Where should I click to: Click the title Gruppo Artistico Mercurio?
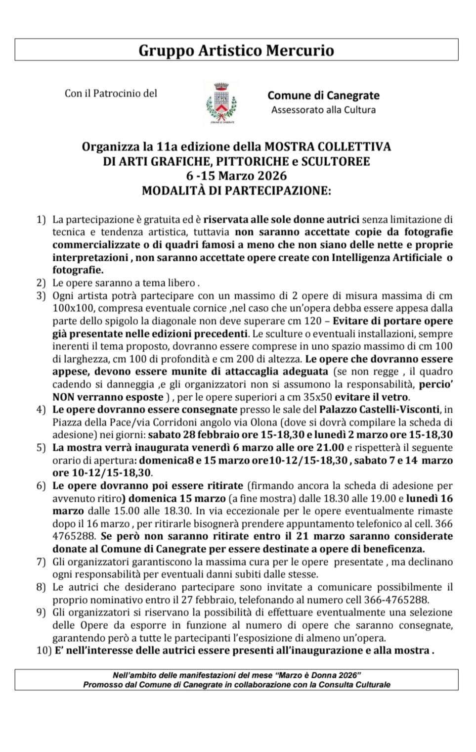tap(236, 50)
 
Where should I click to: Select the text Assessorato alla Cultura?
tap(323, 110)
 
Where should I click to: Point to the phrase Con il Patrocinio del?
tap(111, 93)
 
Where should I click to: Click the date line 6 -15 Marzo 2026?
tap(236, 176)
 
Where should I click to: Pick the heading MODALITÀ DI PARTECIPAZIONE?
tap(236, 190)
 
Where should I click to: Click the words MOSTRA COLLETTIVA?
tap(328, 146)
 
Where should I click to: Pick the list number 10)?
tap(43, 650)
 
